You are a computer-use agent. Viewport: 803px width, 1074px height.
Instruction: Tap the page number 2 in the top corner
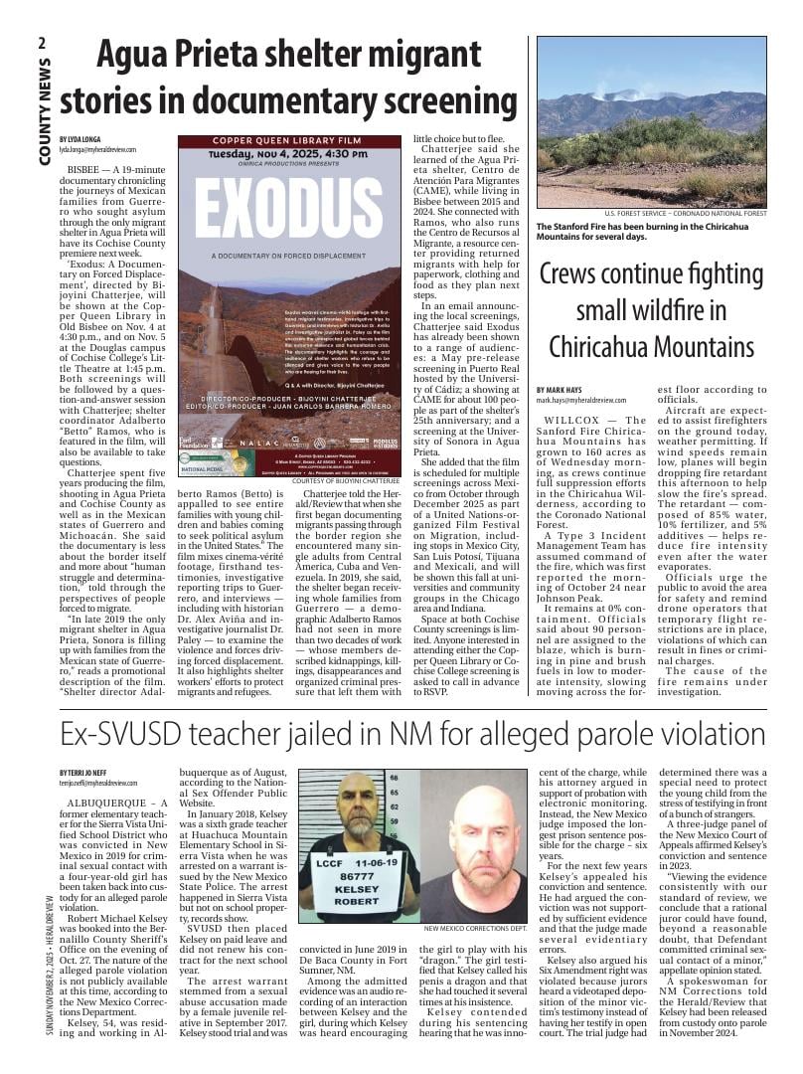43,43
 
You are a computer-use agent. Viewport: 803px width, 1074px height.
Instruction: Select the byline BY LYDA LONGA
81,138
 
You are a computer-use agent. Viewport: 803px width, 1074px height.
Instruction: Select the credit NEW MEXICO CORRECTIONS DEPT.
475,929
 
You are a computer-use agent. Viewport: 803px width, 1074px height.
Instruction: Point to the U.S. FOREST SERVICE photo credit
685,214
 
